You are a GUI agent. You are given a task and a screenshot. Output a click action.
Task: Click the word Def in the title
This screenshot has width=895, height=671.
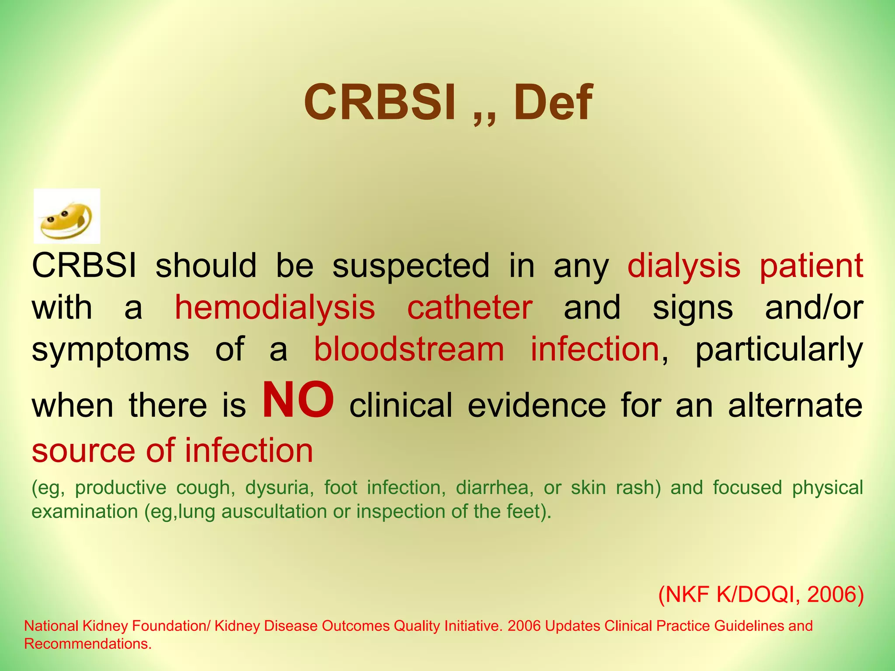point(553,103)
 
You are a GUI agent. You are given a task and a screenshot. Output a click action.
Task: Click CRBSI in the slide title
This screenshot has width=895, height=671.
point(380,103)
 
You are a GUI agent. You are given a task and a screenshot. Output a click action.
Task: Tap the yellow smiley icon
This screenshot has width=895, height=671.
point(67,217)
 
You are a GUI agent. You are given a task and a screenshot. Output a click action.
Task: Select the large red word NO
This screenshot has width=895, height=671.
point(298,400)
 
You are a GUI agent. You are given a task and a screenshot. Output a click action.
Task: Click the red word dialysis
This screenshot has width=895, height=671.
point(684,266)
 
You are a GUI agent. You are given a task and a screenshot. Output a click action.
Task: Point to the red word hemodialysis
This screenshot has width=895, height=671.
point(275,308)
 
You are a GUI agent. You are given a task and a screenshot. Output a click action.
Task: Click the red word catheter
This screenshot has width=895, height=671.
point(470,308)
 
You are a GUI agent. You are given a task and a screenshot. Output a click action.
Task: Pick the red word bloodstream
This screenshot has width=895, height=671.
point(409,349)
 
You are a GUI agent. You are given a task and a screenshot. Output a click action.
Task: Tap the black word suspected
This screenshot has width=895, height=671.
point(411,266)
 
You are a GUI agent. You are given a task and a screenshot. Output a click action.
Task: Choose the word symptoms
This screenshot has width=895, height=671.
point(111,350)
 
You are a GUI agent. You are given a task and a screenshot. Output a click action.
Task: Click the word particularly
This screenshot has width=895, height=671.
point(779,350)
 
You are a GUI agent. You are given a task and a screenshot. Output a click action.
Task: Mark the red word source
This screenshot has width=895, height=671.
point(84,451)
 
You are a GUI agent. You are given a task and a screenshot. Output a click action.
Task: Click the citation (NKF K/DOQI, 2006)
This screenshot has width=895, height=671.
point(761,595)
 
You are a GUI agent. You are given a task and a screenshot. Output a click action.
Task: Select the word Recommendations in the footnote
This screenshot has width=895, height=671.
point(87,644)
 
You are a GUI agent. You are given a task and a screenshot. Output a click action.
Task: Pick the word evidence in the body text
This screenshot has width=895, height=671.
point(537,405)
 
